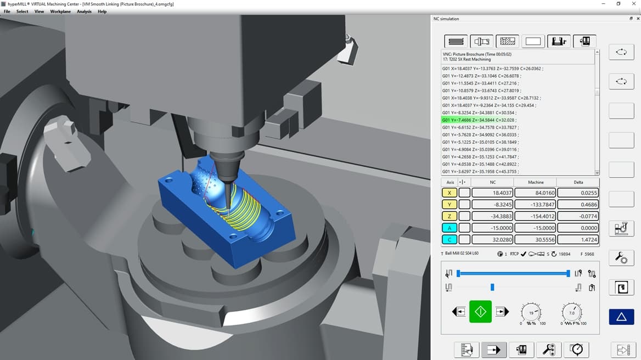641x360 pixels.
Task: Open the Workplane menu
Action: coord(60,12)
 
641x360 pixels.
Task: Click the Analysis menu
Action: coord(84,12)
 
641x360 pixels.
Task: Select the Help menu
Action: coord(102,12)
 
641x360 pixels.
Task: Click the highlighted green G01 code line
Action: coord(479,120)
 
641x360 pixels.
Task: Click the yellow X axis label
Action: coord(449,193)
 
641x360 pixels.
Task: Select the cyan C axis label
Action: coord(449,239)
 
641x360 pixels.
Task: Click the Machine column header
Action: coord(535,182)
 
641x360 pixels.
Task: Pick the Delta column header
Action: coord(578,182)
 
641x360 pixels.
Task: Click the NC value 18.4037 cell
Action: coord(492,193)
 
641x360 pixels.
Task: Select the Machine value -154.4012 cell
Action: coord(535,216)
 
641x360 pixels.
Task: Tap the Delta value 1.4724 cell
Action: coord(578,239)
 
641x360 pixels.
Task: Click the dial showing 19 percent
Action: coord(531,313)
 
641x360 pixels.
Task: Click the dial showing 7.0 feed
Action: coord(571,313)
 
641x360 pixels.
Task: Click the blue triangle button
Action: coord(621,317)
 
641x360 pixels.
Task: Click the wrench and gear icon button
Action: coord(621,258)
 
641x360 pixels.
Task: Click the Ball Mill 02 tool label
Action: coord(463,254)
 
